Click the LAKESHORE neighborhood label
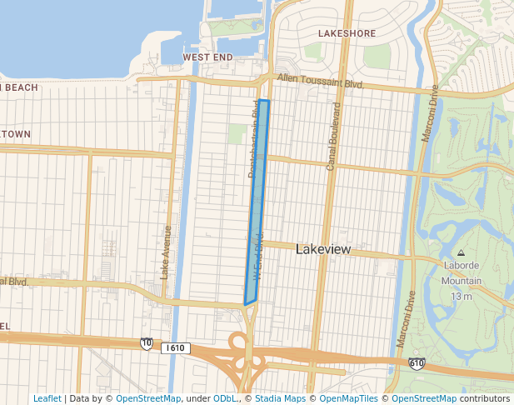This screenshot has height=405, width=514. point(347,33)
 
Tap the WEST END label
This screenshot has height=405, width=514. point(207,57)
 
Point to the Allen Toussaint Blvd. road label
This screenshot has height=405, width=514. point(322,82)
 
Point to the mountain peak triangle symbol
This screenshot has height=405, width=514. point(462,252)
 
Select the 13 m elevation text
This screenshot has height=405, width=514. point(462,296)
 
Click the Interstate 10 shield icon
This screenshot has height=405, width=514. point(147,343)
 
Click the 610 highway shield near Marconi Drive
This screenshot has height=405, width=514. point(417,363)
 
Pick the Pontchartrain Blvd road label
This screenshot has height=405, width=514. point(253,138)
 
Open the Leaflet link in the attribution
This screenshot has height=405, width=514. point(47,399)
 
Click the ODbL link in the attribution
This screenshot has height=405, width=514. point(224,399)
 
